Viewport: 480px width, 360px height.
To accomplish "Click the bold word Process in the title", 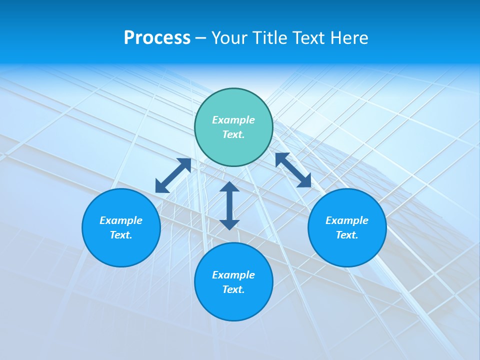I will click(157, 38).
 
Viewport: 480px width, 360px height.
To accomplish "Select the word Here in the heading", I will click(349, 38).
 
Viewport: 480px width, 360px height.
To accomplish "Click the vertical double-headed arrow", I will click(229, 205).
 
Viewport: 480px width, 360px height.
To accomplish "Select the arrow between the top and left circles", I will click(173, 175).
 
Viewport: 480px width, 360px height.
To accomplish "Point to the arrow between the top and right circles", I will click(293, 170).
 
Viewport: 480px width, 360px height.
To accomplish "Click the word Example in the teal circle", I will click(233, 120).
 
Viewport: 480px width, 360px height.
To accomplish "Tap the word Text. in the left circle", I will click(121, 235).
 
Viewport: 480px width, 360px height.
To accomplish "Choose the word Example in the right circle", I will click(347, 220).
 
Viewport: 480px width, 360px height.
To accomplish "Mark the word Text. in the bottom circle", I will click(233, 289).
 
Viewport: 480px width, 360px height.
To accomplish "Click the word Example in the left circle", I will click(121, 220).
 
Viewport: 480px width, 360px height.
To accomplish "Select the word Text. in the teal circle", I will click(233, 134).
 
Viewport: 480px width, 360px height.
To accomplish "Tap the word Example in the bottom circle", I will click(233, 275).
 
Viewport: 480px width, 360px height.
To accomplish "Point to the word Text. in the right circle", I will click(347, 235).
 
